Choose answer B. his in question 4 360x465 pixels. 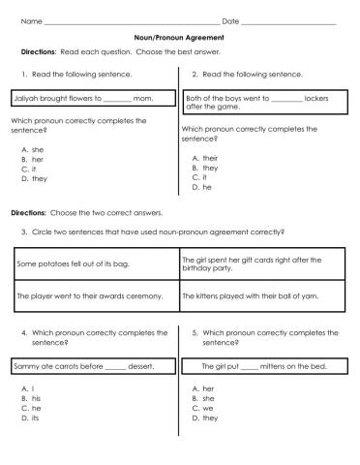(x=31, y=397)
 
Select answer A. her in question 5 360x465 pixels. (x=201, y=387)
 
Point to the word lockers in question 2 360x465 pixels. (x=317, y=98)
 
